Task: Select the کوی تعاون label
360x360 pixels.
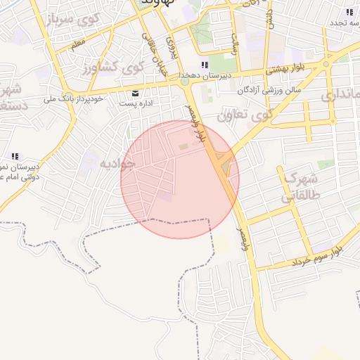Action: [x=244, y=116]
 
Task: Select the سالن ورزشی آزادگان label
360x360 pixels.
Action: [x=269, y=90]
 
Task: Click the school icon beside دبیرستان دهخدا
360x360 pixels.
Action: [x=204, y=65]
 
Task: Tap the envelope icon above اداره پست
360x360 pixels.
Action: [x=136, y=93]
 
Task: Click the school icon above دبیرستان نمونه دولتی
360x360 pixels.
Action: [x=14, y=157]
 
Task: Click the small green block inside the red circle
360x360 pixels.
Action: [x=184, y=146]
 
